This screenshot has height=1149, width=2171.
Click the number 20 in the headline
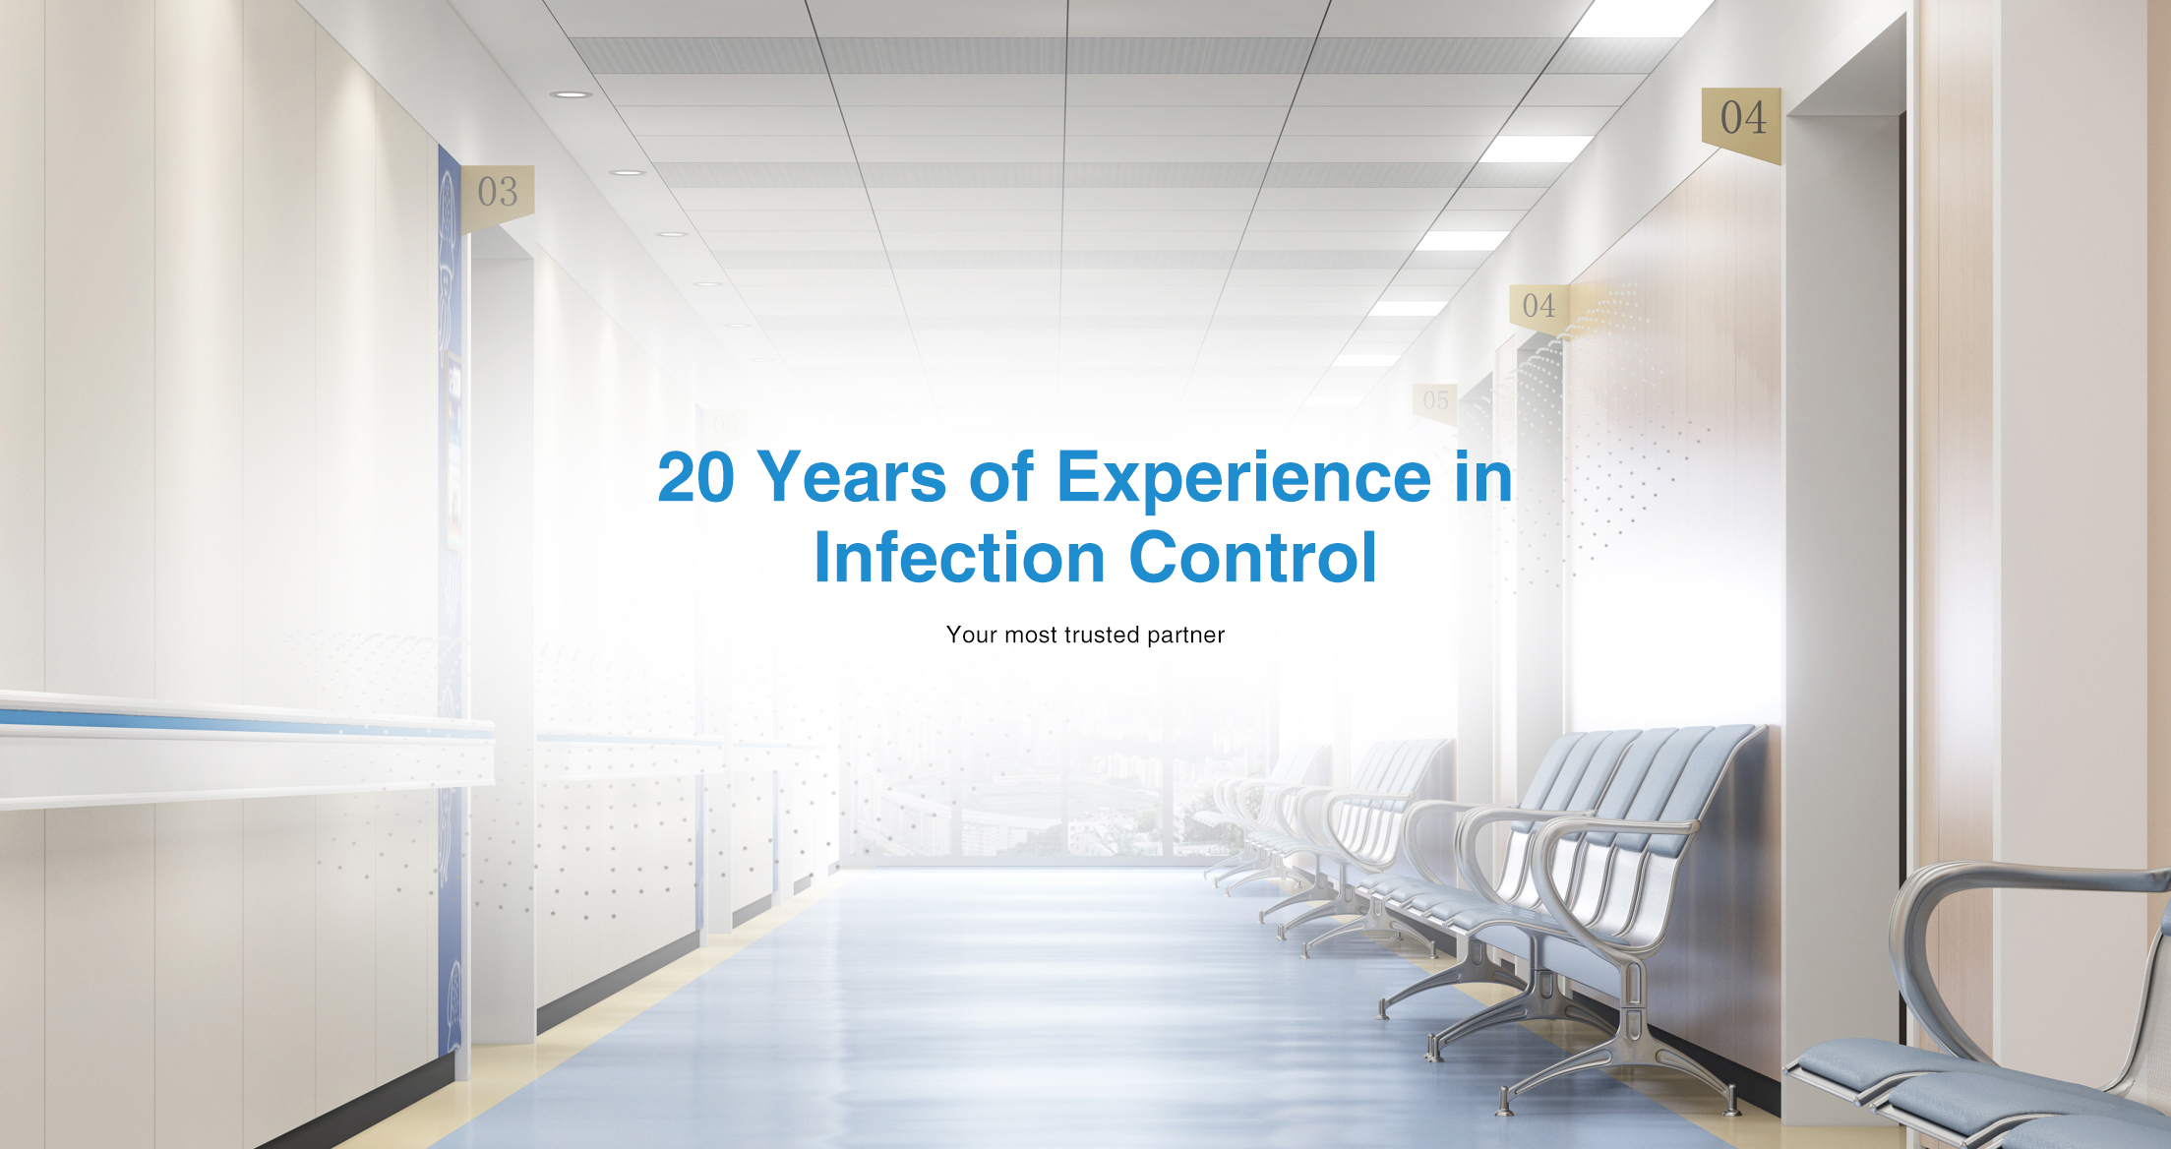(695, 477)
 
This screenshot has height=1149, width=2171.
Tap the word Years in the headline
(852, 477)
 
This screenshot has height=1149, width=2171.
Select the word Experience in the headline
(1243, 479)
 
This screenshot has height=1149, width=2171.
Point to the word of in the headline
(1001, 477)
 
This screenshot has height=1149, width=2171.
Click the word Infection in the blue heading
(959, 558)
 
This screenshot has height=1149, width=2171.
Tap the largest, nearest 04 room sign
(1742, 123)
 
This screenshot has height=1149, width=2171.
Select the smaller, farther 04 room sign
(1538, 308)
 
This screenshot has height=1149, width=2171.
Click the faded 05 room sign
(1434, 402)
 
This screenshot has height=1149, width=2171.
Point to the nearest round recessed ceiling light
(571, 94)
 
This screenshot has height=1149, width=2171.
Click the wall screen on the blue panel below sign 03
(454, 448)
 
